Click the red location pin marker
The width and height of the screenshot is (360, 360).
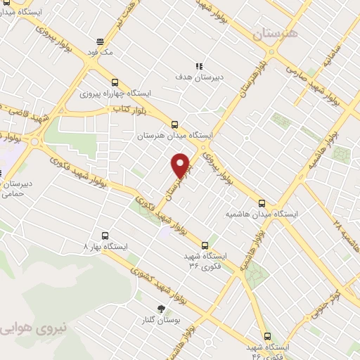pyautogui.click(x=181, y=165)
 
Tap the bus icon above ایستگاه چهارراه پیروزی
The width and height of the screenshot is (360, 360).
pyautogui.click(x=115, y=81)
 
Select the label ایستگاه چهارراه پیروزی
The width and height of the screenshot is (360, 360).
pyautogui.click(x=115, y=92)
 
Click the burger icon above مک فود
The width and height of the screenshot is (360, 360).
pyautogui.click(x=101, y=41)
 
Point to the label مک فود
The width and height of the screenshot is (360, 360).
pyautogui.click(x=101, y=52)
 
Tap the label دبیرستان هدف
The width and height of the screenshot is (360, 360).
pyautogui.click(x=199, y=77)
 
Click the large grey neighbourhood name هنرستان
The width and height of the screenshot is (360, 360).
pyautogui.click(x=276, y=34)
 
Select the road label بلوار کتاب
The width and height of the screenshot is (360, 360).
pyautogui.click(x=129, y=109)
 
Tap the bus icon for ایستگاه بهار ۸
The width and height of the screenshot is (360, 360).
pyautogui.click(x=105, y=236)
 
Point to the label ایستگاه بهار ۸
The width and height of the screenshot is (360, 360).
pyautogui.click(x=105, y=247)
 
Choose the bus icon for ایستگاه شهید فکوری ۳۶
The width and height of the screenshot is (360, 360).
pyautogui.click(x=205, y=245)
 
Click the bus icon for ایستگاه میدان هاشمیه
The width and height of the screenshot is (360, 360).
pyautogui.click(x=262, y=202)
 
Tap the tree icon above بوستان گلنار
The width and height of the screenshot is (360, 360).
pyautogui.click(x=162, y=309)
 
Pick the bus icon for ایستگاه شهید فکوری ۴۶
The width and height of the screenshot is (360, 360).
pyautogui.click(x=266, y=337)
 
